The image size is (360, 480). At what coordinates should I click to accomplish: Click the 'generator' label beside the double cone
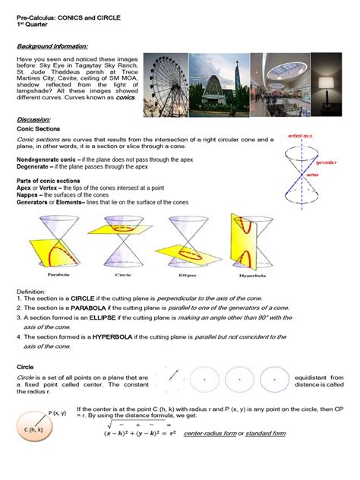(328, 162)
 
